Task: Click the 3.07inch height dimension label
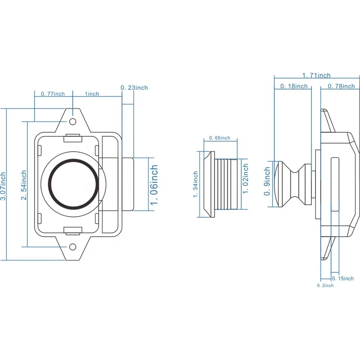(x=4, y=184)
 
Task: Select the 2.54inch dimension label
(x=24, y=184)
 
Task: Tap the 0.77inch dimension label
(x=53, y=94)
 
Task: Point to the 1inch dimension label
(x=92, y=94)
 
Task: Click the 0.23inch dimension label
(x=134, y=87)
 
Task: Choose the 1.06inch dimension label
(x=154, y=184)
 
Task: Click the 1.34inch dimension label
(x=195, y=184)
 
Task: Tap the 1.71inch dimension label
(x=316, y=75)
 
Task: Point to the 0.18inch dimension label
(x=294, y=86)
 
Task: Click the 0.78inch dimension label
(x=341, y=86)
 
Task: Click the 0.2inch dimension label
(x=325, y=285)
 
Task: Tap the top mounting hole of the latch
(x=72, y=122)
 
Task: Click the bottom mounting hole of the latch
(x=72, y=247)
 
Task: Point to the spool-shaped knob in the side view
(x=294, y=184)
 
